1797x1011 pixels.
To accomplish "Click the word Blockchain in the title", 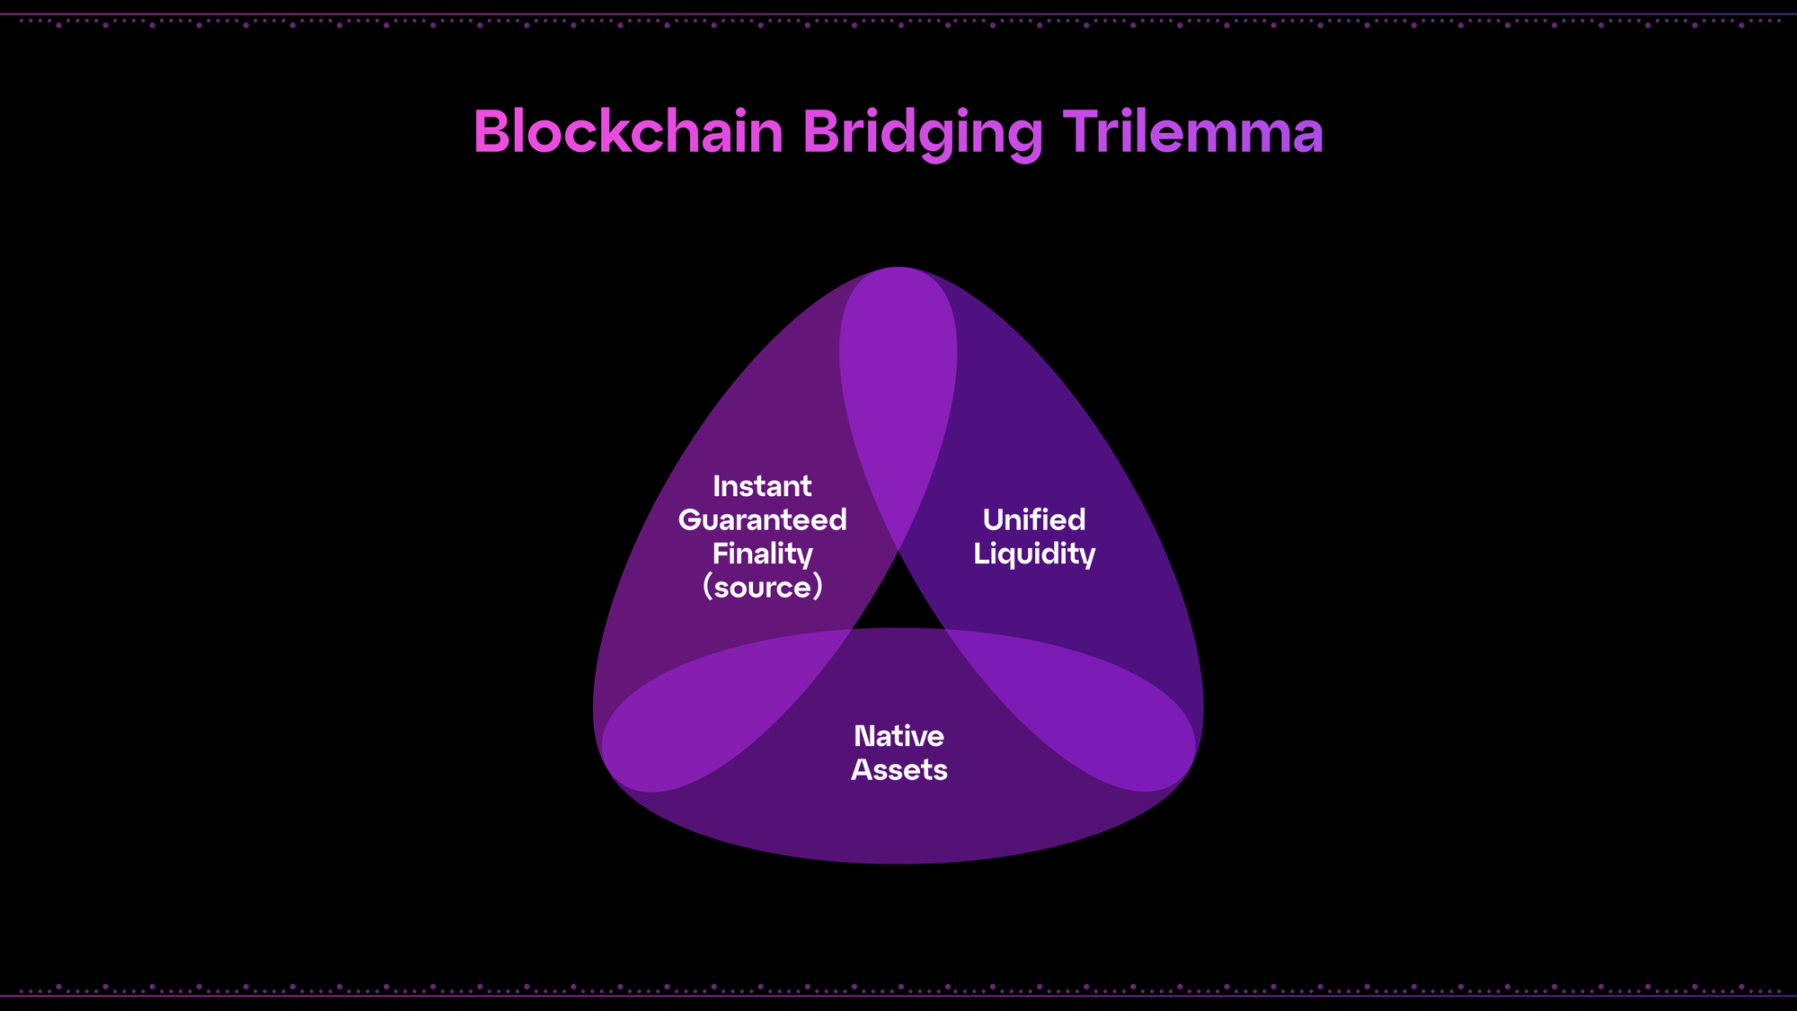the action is coord(628,132).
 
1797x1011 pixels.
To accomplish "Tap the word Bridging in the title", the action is coord(923,135).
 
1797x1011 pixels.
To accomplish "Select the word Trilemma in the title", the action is coord(1193,132).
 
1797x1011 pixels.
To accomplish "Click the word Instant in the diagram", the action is coord(762,486).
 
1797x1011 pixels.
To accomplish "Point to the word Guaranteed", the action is coord(762,519).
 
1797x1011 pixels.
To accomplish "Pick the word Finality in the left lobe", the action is coord(762,554).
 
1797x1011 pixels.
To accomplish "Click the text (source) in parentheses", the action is coord(762,588).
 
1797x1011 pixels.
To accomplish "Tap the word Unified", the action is coord(1034,519).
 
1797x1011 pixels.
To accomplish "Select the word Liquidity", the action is coord(1034,554).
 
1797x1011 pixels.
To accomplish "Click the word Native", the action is coord(898,737).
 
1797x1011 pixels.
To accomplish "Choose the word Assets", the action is coord(899,770).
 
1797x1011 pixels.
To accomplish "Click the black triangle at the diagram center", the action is coord(898,603).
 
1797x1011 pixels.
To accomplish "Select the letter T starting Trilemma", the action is coord(1082,132).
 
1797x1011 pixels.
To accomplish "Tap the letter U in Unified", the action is coord(995,519).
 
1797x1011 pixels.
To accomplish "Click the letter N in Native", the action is coord(865,737).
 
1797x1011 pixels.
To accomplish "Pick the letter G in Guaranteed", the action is coord(690,520).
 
